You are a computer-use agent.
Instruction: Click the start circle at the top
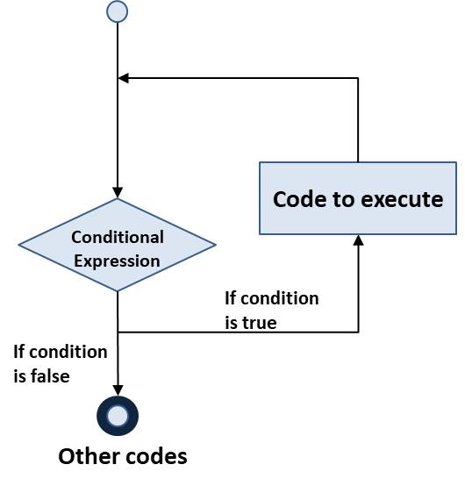click(x=117, y=11)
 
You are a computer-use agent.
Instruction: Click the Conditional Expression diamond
click(x=117, y=246)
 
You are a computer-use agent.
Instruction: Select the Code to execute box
click(x=358, y=198)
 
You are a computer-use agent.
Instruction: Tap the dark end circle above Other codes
click(x=118, y=415)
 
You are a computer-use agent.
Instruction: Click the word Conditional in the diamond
click(x=118, y=237)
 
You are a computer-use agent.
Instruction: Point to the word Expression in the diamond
click(x=117, y=261)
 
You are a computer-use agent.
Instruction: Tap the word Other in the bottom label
click(x=85, y=457)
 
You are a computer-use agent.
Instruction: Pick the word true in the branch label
click(x=258, y=323)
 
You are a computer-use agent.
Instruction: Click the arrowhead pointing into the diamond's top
click(x=118, y=193)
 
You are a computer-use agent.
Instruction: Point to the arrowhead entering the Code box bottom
click(x=358, y=239)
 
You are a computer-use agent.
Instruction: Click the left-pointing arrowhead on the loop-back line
click(x=124, y=78)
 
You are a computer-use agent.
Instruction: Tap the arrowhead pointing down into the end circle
click(x=118, y=393)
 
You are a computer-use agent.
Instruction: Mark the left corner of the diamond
click(x=20, y=246)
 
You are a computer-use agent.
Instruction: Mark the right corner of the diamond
click(x=215, y=246)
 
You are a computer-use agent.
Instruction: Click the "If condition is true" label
click(x=272, y=311)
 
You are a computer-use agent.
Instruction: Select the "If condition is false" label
click(x=61, y=364)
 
